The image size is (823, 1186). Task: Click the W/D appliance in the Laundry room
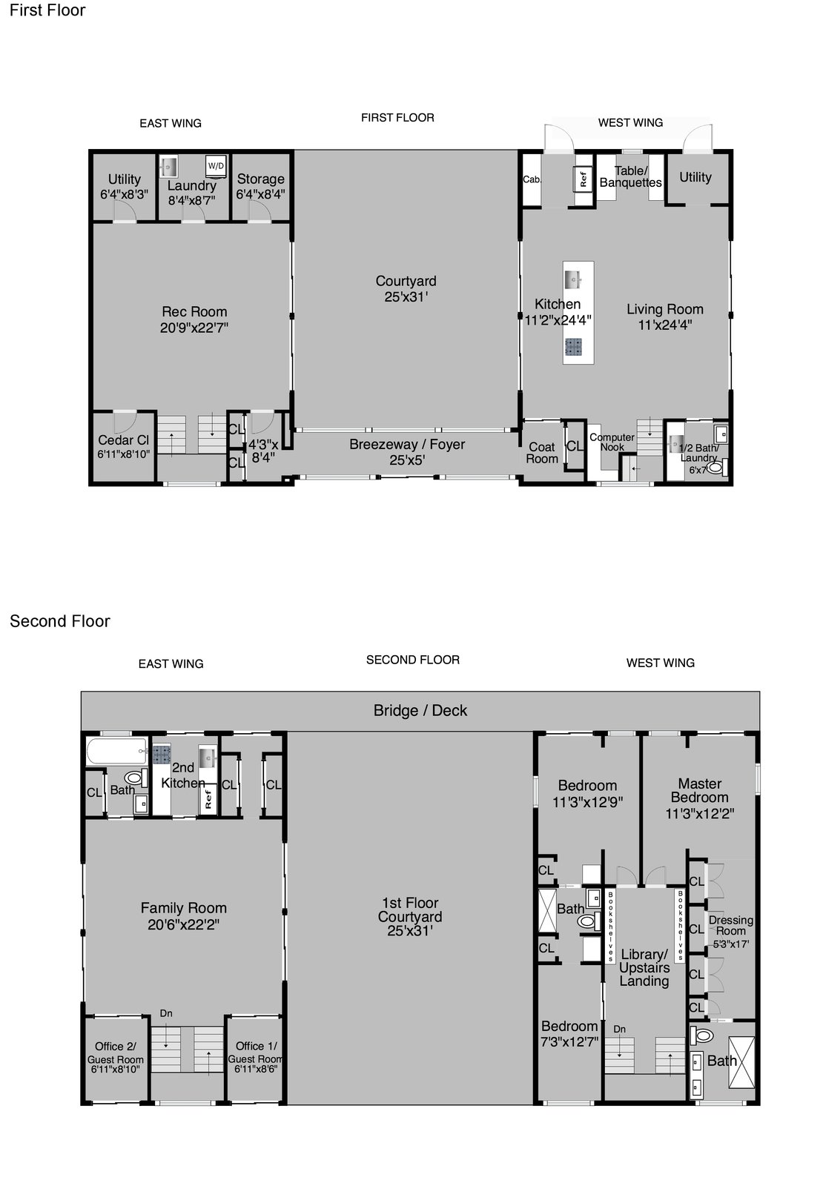(x=216, y=166)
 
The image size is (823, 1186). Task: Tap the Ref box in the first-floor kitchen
(x=583, y=180)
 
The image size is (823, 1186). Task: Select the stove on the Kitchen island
(x=573, y=347)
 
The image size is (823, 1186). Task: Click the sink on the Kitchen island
(x=573, y=279)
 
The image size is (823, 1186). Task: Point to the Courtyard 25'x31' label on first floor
(x=406, y=288)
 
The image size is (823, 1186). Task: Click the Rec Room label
(x=194, y=319)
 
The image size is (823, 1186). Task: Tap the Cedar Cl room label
(x=123, y=446)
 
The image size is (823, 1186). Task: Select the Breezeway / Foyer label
(x=407, y=451)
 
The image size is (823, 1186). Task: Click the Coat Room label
(x=542, y=453)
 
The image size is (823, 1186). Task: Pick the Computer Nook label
(x=612, y=442)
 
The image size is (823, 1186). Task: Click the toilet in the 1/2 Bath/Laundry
(x=716, y=467)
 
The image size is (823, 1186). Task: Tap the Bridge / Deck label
(x=420, y=710)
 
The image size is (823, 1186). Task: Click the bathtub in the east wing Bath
(x=117, y=752)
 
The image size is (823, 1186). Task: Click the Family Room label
(x=184, y=916)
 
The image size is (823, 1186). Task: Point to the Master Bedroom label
(x=700, y=798)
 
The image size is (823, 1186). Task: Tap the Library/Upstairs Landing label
(x=644, y=967)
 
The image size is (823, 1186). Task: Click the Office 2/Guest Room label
(x=116, y=1057)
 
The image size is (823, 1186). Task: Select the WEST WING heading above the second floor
(x=661, y=663)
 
